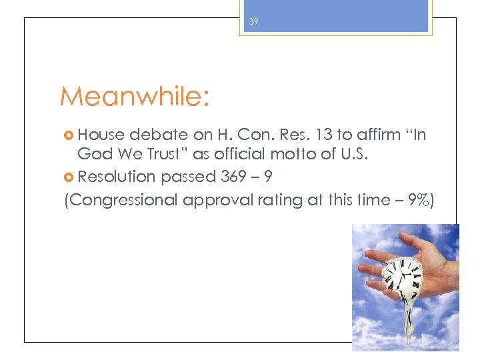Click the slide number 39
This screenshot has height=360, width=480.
253,22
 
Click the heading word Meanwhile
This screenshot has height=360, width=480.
133,97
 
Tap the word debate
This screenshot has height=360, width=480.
154,135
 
